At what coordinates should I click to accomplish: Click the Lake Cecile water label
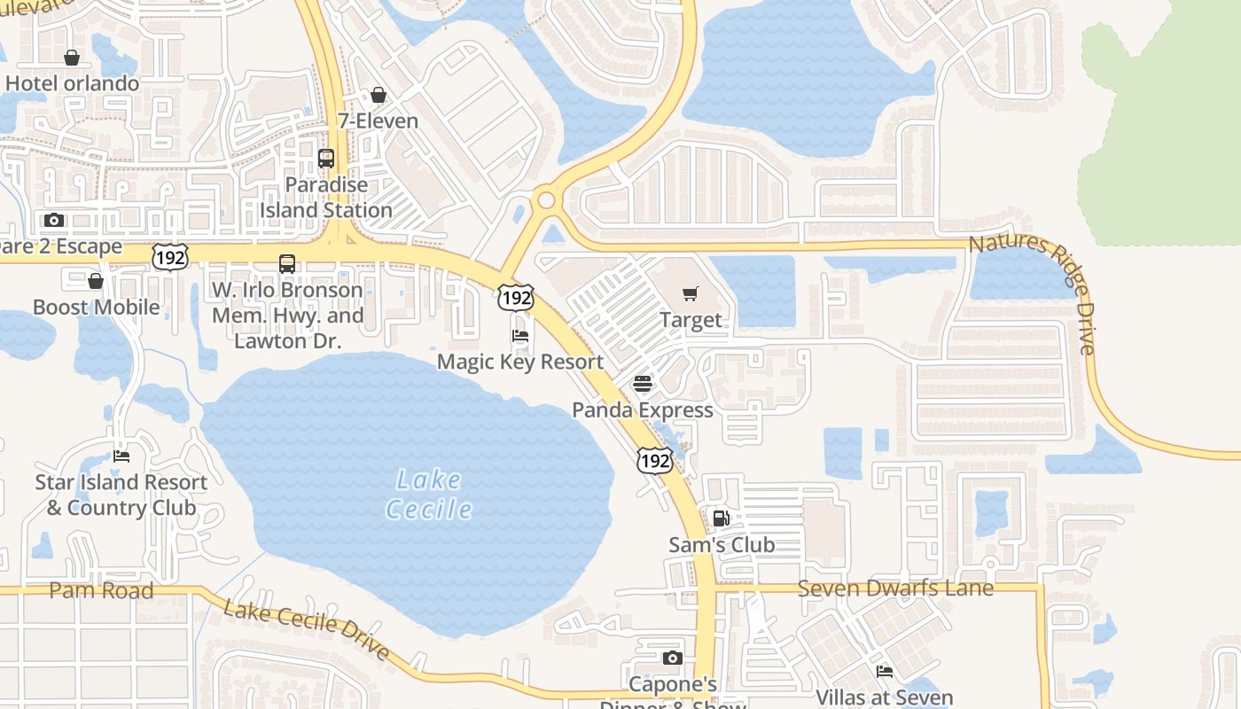pos(429,495)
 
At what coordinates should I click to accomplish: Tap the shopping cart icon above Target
pos(691,293)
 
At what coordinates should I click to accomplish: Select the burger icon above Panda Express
pos(643,384)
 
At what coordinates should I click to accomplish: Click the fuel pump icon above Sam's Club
pos(722,518)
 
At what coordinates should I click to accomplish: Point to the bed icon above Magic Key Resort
pos(520,336)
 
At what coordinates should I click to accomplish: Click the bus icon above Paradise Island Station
pos(326,159)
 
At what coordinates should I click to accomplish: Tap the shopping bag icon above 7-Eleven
pos(379,95)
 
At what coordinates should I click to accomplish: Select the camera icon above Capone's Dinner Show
pos(673,658)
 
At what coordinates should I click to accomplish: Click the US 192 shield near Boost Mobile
pos(169,256)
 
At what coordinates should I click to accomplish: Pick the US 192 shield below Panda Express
pos(654,460)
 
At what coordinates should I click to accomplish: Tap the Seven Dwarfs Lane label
pos(895,588)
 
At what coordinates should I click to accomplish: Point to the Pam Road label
pos(101,590)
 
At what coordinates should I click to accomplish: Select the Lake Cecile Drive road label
pos(306,630)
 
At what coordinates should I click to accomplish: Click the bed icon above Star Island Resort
pos(121,456)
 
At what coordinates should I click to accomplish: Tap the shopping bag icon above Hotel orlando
pos(72,58)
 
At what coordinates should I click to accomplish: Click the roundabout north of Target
pos(546,200)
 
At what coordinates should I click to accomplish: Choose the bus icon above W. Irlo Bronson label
pos(287,263)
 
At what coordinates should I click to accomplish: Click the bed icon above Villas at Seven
pos(884,672)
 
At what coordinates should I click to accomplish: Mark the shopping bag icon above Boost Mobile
pos(96,281)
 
